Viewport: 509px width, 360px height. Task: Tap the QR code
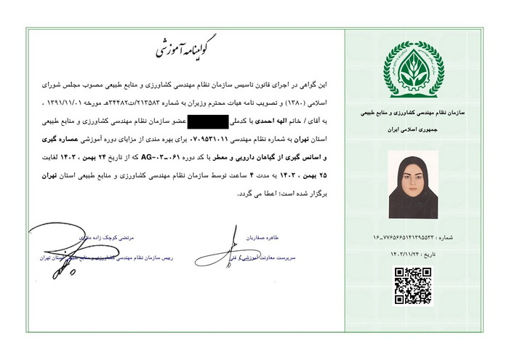413,286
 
